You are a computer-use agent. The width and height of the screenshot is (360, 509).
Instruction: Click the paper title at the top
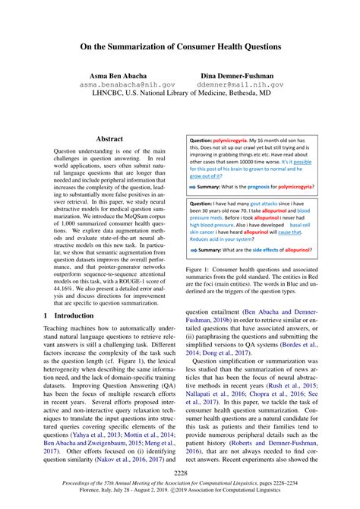tap(180, 46)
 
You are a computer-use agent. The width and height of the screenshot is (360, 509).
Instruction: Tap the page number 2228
tap(180, 472)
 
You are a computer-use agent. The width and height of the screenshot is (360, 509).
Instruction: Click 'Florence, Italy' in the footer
tap(73, 491)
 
